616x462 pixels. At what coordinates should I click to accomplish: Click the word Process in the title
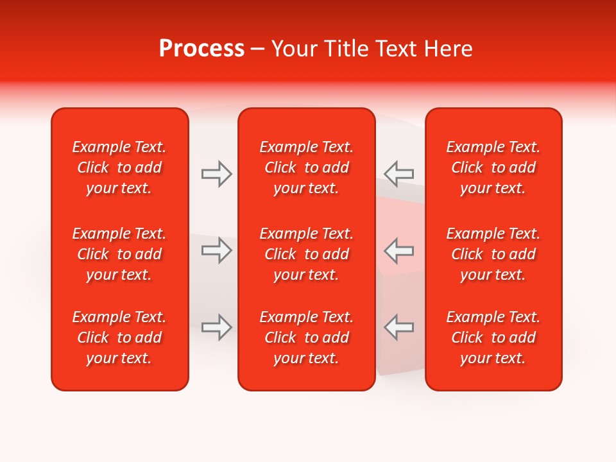(201, 49)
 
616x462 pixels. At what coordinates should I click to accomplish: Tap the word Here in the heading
(449, 49)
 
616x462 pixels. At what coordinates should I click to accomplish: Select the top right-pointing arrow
(217, 174)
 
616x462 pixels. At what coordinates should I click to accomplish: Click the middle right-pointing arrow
(217, 250)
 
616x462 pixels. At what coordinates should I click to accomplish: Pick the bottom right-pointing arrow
(217, 327)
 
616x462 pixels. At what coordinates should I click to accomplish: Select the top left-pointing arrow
(398, 174)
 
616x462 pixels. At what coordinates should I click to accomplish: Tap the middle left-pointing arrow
(398, 250)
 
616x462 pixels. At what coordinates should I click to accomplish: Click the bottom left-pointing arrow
(398, 327)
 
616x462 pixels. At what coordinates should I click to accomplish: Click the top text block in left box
(119, 167)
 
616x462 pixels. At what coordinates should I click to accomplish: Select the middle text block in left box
(119, 254)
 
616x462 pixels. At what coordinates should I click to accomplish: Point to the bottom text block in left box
(119, 338)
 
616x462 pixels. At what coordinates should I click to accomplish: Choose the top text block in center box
(306, 167)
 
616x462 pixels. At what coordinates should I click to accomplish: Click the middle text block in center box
(306, 254)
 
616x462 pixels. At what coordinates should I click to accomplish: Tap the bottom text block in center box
(306, 338)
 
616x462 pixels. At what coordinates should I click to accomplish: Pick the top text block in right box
(493, 167)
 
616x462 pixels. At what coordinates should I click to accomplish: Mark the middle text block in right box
(493, 254)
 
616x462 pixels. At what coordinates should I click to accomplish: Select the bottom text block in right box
(493, 338)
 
